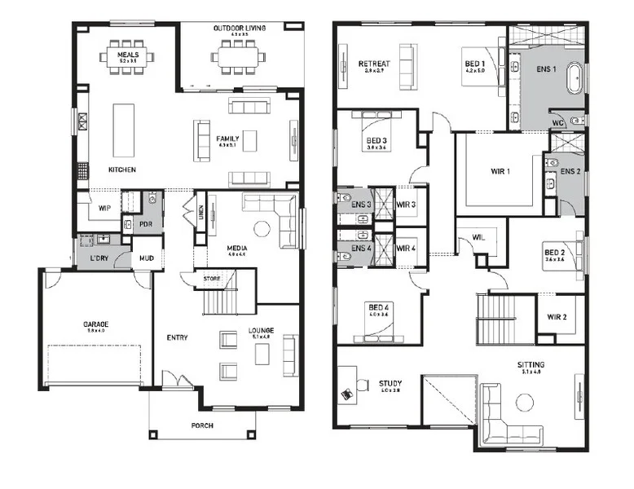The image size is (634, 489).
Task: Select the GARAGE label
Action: [95, 324]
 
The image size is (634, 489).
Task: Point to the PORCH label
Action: [203, 424]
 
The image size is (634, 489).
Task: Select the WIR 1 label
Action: [500, 171]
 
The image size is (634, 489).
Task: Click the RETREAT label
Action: [374, 64]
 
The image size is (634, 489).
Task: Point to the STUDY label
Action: [390, 382]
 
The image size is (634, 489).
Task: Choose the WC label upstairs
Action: [557, 123]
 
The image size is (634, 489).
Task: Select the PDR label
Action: [147, 223]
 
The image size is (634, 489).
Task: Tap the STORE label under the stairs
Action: [211, 279]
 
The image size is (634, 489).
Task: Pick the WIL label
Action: [467, 238]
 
